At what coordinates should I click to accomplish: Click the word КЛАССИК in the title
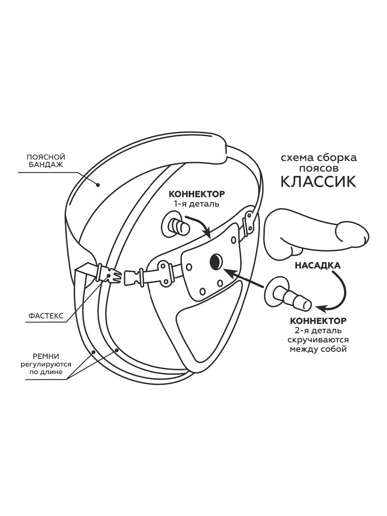click(x=318, y=181)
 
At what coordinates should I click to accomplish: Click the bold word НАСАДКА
click(x=317, y=265)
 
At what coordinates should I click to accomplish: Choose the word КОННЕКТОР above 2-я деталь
click(x=318, y=321)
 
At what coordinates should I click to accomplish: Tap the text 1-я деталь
click(x=197, y=203)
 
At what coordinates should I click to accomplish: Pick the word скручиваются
click(x=318, y=340)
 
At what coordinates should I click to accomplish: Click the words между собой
click(x=318, y=349)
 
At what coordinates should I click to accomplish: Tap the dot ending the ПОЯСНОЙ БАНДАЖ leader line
click(x=98, y=185)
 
